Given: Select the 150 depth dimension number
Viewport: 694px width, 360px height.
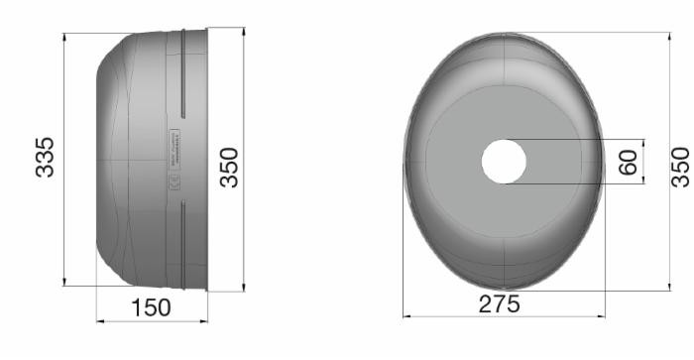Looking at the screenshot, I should point(151,307).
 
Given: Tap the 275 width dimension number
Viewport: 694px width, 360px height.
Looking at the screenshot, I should point(500,304).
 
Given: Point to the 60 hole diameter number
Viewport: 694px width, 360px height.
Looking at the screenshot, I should point(629,162).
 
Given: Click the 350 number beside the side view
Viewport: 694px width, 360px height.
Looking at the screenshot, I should point(229,168).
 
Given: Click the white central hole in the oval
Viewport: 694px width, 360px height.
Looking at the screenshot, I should point(504,162).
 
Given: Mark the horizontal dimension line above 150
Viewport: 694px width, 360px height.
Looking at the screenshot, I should point(152,321).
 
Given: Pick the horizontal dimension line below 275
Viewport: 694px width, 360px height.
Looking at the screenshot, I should point(504,317).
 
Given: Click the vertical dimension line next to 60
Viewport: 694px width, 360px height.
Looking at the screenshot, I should point(644,162).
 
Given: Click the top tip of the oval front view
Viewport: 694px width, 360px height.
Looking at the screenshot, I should point(504,34).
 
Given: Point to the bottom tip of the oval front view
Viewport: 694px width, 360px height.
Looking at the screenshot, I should point(504,290).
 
